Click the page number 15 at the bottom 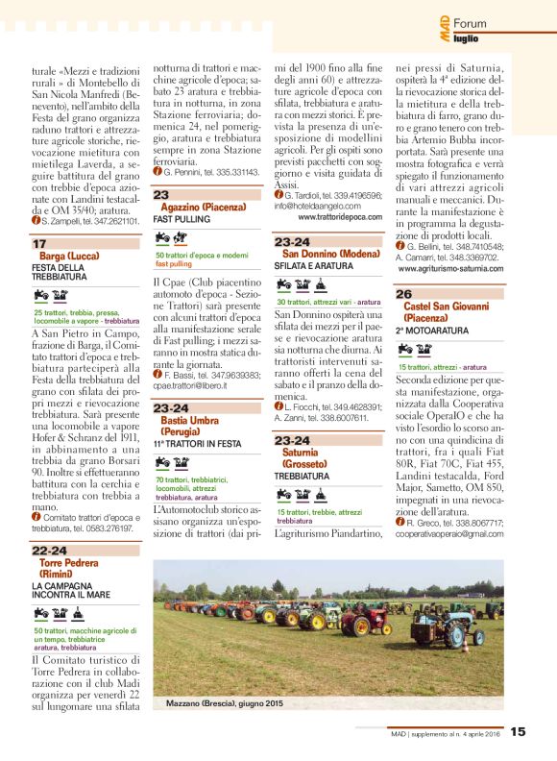click(x=518, y=731)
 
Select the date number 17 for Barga click(x=38, y=245)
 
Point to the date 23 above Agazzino click(x=161, y=194)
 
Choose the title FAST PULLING click(x=182, y=220)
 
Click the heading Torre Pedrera click(x=69, y=562)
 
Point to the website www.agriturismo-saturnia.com click(x=460, y=270)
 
